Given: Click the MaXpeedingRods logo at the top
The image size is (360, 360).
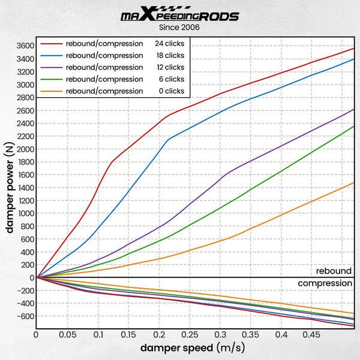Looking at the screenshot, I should click(x=179, y=16).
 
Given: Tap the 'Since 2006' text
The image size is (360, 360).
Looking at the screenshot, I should click(x=179, y=28).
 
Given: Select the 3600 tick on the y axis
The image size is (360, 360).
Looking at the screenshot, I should click(x=25, y=46).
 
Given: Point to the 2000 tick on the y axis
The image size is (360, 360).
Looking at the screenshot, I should click(x=25, y=149).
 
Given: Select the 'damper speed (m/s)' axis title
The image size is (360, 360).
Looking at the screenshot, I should click(x=193, y=348).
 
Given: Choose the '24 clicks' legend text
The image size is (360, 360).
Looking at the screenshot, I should click(x=170, y=43).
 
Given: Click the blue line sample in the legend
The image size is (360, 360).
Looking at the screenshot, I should click(x=52, y=55).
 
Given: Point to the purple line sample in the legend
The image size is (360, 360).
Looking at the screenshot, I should click(x=52, y=67).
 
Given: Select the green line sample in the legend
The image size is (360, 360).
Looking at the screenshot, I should click(x=52, y=79).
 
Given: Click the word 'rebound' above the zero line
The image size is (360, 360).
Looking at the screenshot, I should click(x=334, y=271).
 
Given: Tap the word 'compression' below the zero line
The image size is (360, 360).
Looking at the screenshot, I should click(x=325, y=283).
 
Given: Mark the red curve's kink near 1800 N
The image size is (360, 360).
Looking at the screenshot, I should click(x=112, y=161).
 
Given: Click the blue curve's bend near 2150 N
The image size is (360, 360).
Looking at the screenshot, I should click(x=169, y=139).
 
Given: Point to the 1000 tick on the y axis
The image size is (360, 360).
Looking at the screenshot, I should click(x=25, y=213).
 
